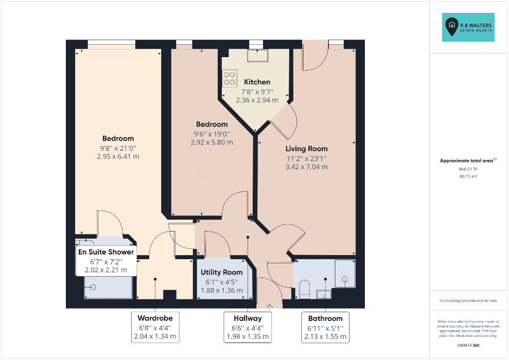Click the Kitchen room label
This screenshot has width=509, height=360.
257,82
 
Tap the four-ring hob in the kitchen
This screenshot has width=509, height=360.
230,78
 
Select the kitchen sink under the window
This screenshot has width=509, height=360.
257,56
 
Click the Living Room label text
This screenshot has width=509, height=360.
306,149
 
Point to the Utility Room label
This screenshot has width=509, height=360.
222,273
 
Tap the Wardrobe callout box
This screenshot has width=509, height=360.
155,327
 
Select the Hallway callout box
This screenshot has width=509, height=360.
248,327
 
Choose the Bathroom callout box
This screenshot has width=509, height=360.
325,327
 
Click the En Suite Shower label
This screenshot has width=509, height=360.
106,252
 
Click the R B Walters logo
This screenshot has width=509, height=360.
468,27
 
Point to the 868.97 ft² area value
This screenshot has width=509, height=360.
468,169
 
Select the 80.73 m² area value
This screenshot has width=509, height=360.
468,176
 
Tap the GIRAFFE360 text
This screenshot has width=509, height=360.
468,346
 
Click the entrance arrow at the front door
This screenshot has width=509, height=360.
270,306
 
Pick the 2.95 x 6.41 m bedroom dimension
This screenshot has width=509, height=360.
118,157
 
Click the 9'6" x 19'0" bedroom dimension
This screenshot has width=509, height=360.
212,134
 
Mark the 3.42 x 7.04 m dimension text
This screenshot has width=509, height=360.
306,167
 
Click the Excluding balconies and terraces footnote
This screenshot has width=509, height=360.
468,301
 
